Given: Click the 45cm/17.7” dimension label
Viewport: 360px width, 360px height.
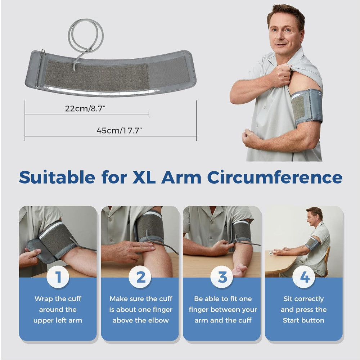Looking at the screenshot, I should click(119, 131).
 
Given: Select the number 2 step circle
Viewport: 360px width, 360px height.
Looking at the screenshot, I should click(140, 278).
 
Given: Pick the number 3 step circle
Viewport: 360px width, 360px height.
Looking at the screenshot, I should click(222, 278).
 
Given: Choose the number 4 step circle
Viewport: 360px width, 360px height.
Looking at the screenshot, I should click(305, 278).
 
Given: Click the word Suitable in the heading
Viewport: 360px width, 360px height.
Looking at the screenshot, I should click(57, 177).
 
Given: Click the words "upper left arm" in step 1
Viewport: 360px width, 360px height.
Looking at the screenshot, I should click(58, 320).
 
